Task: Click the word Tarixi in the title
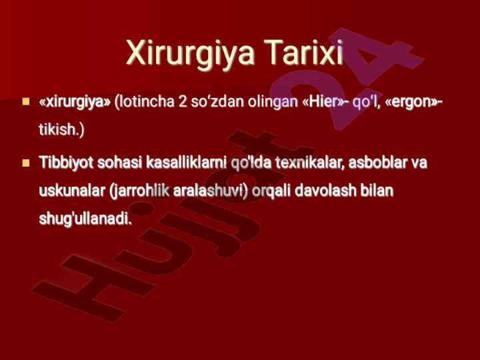pyautogui.click(x=303, y=52)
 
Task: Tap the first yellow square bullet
pyautogui.click(x=26, y=101)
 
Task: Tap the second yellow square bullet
pyautogui.click(x=26, y=163)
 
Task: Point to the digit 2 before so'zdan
pyautogui.click(x=183, y=101)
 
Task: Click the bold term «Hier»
pyautogui.click(x=323, y=101)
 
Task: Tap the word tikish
pyautogui.click(x=61, y=129)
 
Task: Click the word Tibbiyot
pyautogui.click(x=66, y=163)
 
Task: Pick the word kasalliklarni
pyautogui.click(x=187, y=162)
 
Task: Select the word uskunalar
pyautogui.click(x=72, y=191)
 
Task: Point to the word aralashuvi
pyautogui.click(x=210, y=191)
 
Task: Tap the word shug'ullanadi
pyautogui.click(x=85, y=219)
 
